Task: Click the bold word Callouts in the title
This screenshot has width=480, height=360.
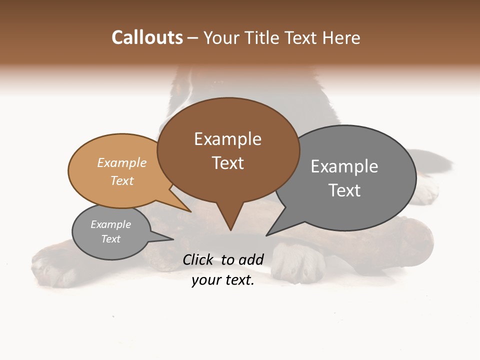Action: pos(147,37)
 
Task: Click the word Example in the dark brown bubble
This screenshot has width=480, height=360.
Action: pos(227,139)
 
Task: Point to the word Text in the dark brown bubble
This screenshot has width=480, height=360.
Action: pos(227,163)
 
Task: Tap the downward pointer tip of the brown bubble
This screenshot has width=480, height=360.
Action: pos(230,229)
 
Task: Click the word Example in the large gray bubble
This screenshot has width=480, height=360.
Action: pos(344,166)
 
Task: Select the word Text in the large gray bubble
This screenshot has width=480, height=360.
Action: pos(344,190)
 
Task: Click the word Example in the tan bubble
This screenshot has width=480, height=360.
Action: pos(121,163)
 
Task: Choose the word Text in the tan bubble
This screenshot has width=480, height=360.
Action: pos(121,181)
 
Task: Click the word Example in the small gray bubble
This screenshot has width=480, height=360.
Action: pos(110,225)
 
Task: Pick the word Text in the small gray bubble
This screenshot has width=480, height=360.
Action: pos(110,239)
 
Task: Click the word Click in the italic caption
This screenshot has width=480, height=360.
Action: pos(199,259)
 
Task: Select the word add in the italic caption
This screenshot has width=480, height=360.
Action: pos(251,259)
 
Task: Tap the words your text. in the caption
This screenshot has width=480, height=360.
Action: pos(223,280)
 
